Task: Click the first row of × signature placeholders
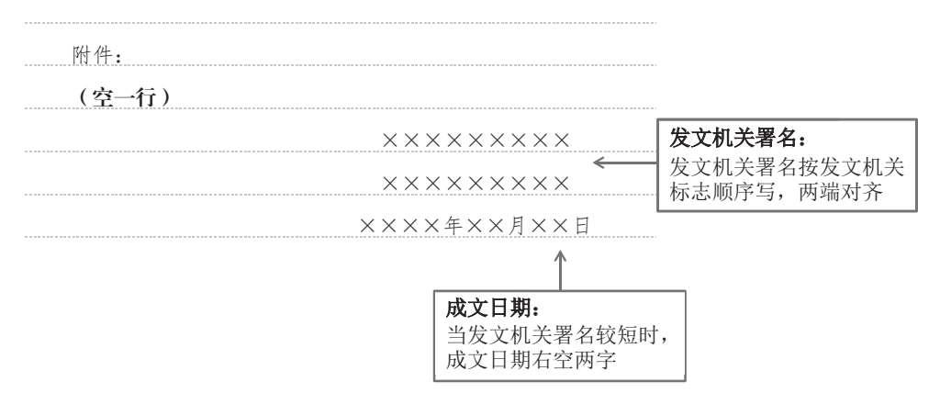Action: point(476,140)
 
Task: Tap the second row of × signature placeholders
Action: point(476,183)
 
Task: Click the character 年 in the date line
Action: point(455,225)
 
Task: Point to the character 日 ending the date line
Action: point(583,225)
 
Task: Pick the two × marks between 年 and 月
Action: point(487,225)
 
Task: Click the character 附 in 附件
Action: point(82,56)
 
